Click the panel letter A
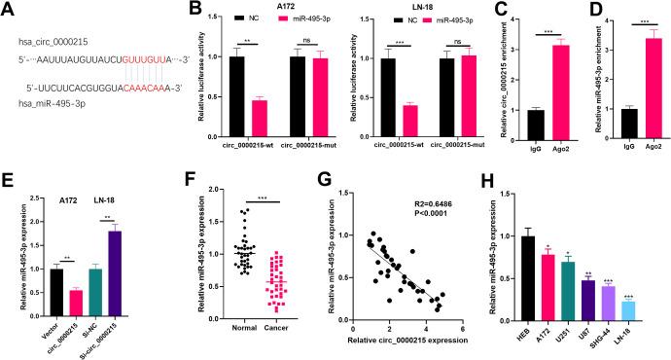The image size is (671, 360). [x=11, y=12]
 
